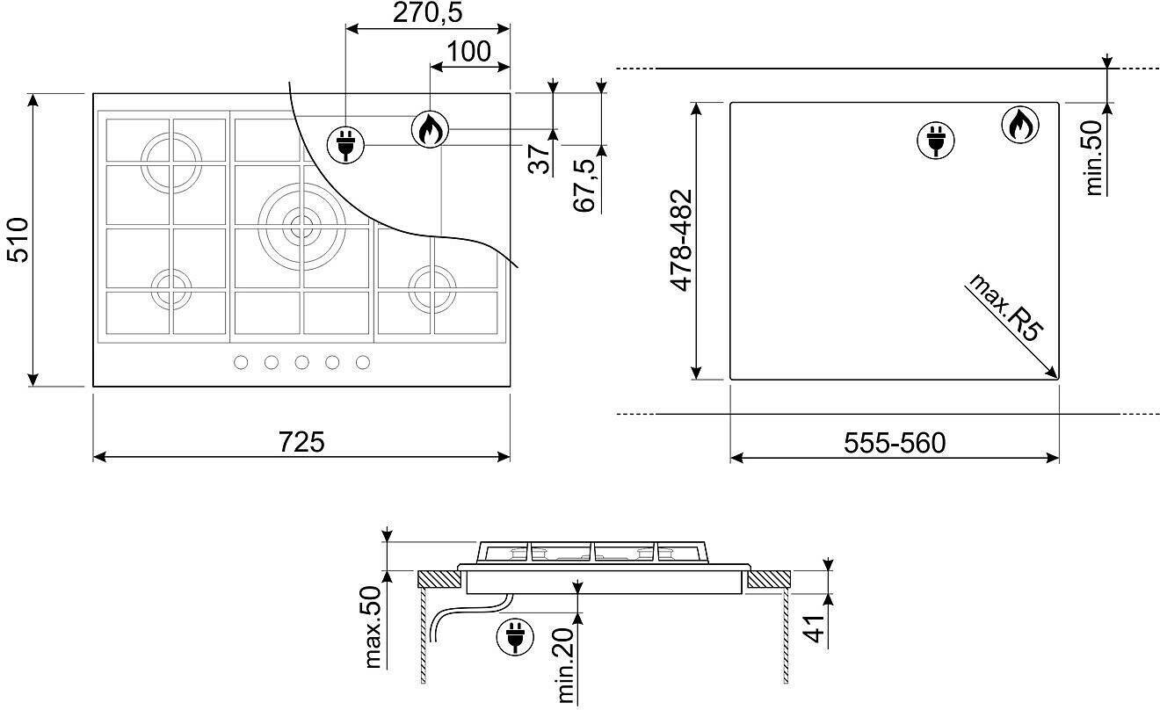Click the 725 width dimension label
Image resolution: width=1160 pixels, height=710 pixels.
point(301,442)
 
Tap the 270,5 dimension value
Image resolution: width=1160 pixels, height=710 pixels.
point(427,13)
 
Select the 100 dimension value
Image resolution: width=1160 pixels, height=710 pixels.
point(468,52)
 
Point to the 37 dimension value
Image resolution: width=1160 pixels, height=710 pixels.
point(539,159)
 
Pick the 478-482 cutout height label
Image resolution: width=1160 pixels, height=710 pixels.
point(681,240)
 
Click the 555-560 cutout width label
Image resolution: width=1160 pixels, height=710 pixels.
point(895,443)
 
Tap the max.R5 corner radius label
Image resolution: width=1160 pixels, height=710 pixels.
point(1004,308)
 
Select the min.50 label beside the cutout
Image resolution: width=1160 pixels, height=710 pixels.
point(1094,158)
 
